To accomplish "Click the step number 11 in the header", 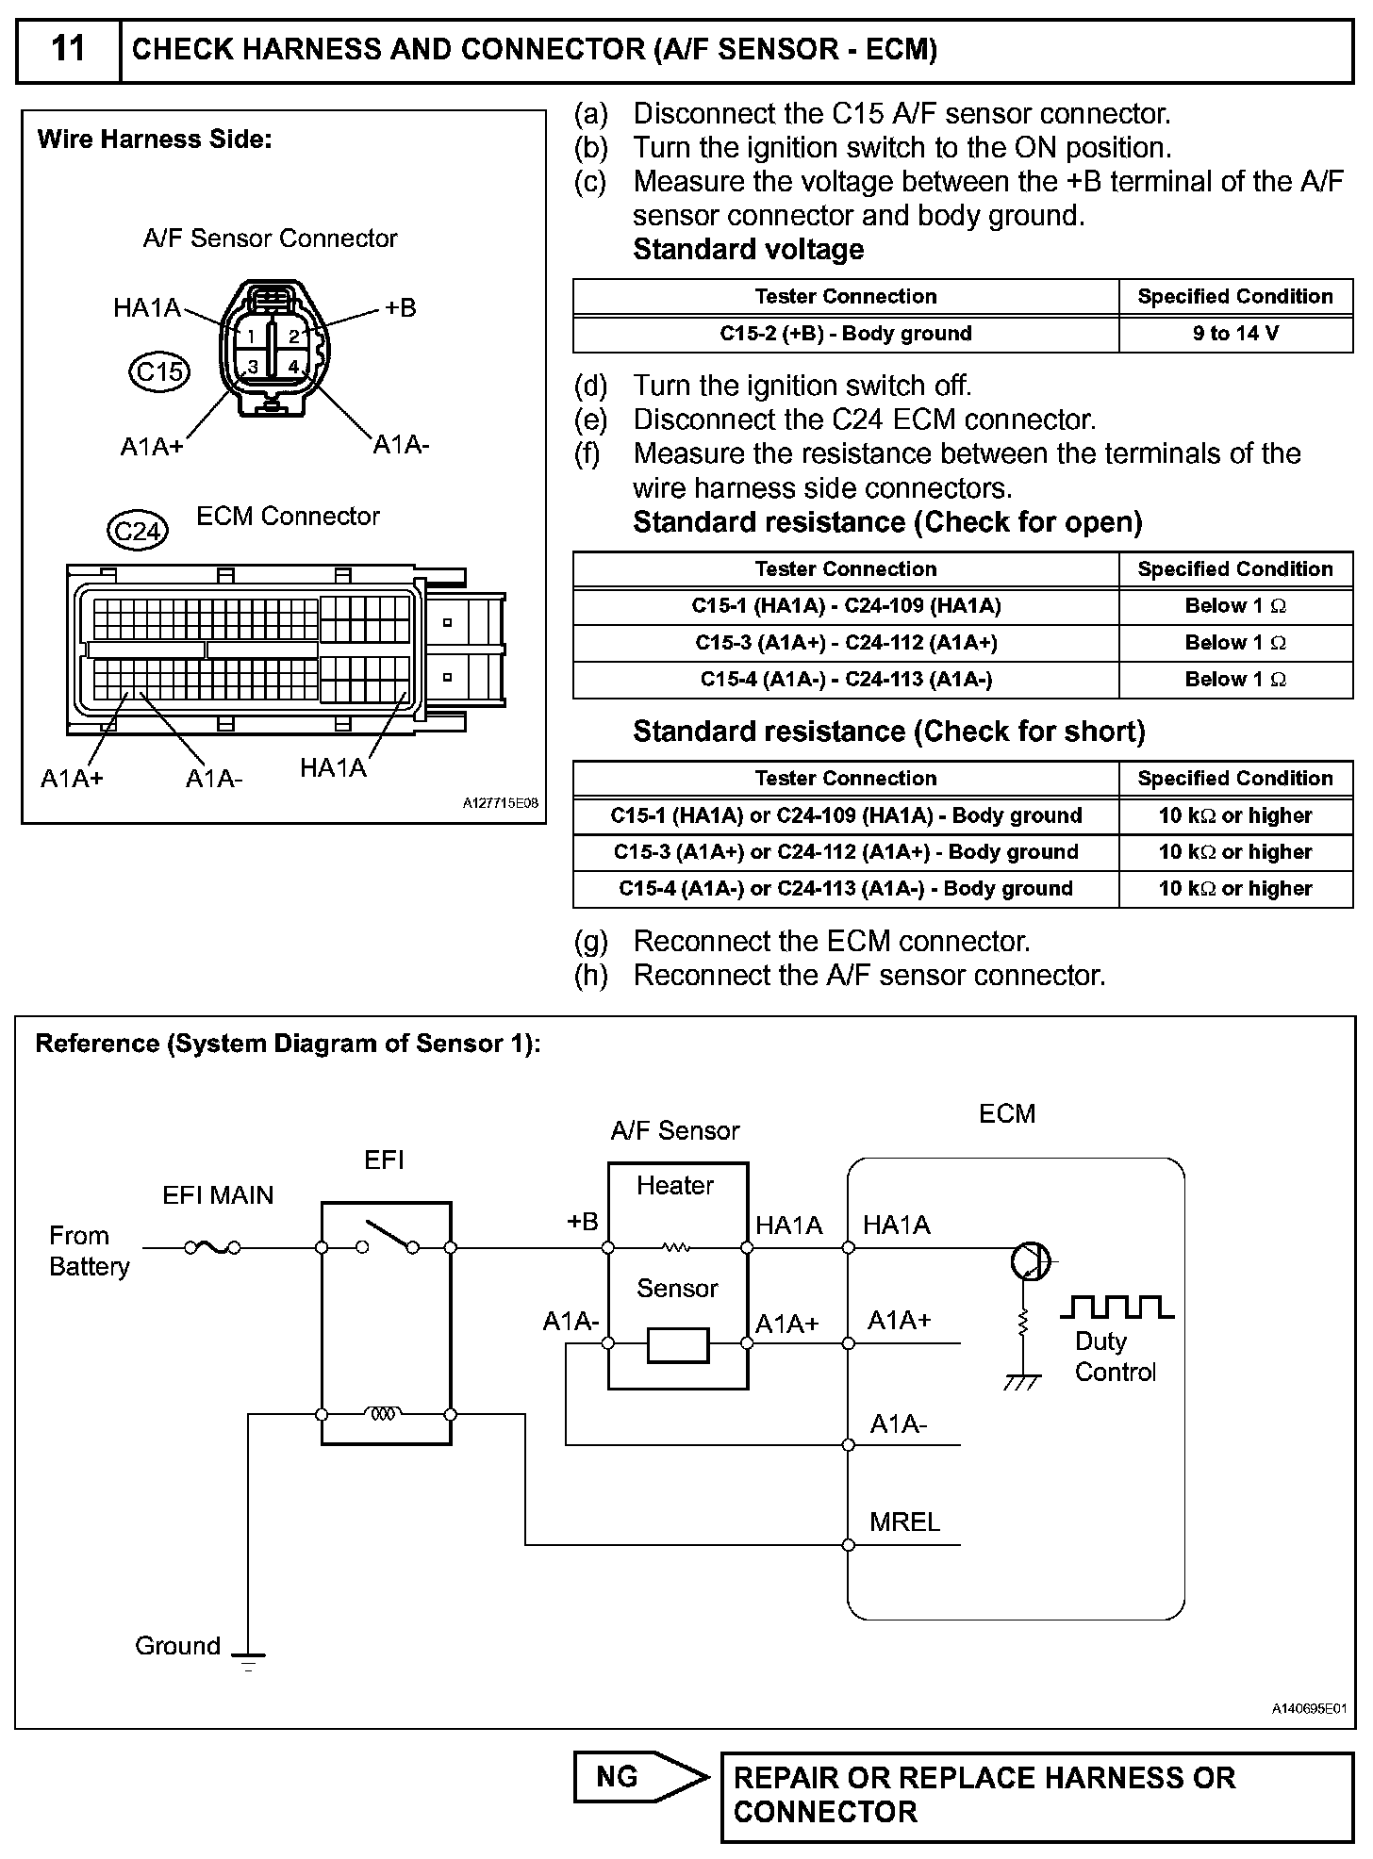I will point(68,49).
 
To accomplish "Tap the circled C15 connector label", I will point(159,372).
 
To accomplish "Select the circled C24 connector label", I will point(138,533).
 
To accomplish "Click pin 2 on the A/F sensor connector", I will point(294,337).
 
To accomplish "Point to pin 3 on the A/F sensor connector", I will point(253,367).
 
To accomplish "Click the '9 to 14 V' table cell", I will point(1235,334).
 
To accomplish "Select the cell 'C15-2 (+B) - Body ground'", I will point(845,334).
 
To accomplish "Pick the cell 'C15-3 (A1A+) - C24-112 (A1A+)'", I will point(845,643).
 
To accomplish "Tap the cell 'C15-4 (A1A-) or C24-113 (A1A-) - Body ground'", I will point(845,888).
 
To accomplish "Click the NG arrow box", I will point(641,1777).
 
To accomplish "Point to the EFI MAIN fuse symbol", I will point(212,1248).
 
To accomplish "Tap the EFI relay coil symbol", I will point(383,1414).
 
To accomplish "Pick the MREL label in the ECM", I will point(904,1522).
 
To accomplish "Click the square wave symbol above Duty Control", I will point(1117,1307).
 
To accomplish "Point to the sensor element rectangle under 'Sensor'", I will point(678,1344).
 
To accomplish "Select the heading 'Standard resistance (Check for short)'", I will point(888,732).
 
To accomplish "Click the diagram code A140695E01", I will point(1309,1708).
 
